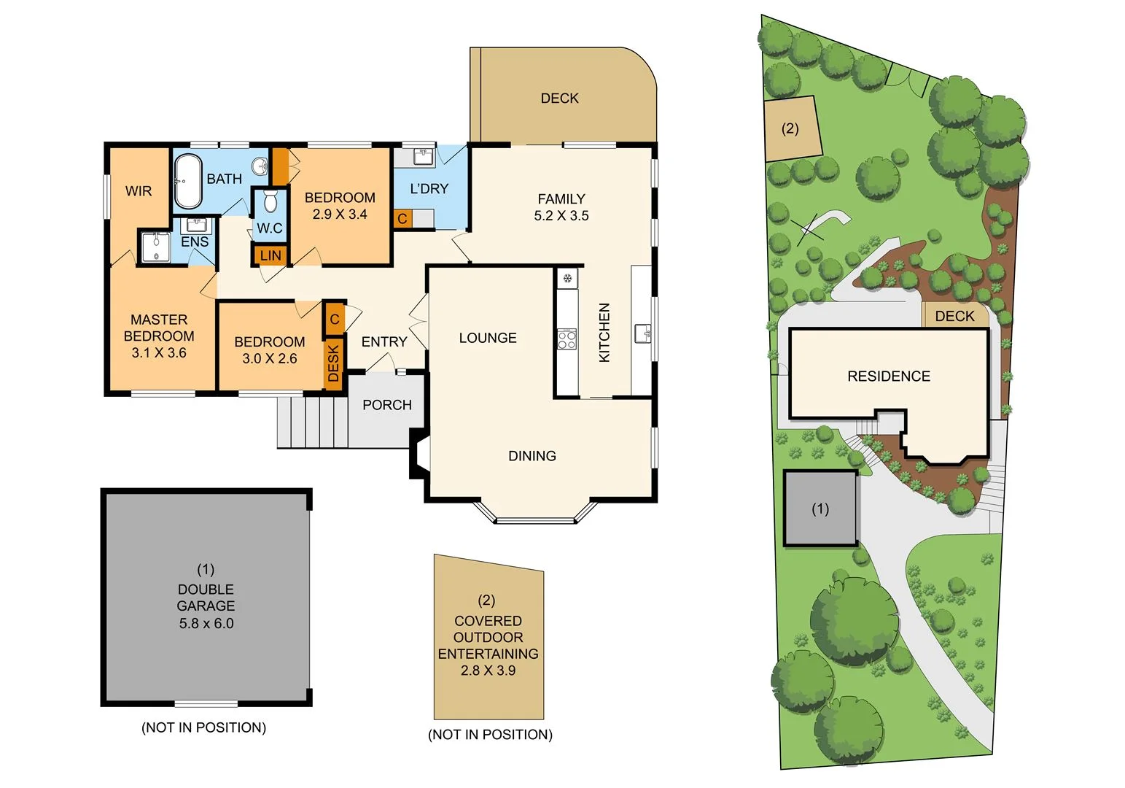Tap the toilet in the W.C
point(270,201)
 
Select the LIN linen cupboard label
point(270,256)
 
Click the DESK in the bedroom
point(333,363)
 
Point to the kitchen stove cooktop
point(567,339)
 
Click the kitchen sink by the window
point(642,333)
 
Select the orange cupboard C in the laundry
point(402,219)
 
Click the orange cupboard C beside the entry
point(335,319)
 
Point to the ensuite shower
point(155,247)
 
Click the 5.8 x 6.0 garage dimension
point(206,623)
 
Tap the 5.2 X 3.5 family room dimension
point(561,216)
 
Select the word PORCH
point(386,405)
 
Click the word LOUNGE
point(488,338)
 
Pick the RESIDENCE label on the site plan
point(888,376)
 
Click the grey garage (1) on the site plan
point(820,509)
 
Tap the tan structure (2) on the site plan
point(791,129)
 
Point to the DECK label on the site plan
point(954,316)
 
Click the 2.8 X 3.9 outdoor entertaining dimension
point(488,671)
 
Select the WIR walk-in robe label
point(139,191)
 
